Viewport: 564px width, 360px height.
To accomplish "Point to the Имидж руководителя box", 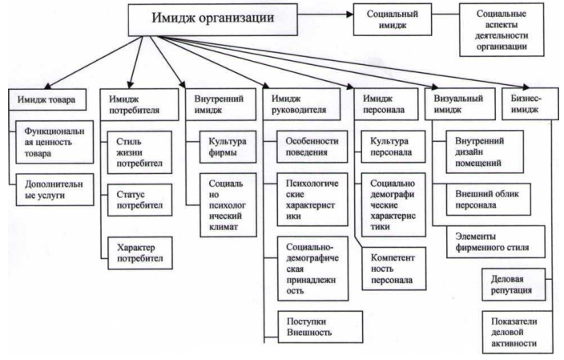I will [x=302, y=107].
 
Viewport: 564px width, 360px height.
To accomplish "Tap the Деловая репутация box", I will [x=514, y=284].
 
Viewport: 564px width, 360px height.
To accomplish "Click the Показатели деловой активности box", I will [x=514, y=330].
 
